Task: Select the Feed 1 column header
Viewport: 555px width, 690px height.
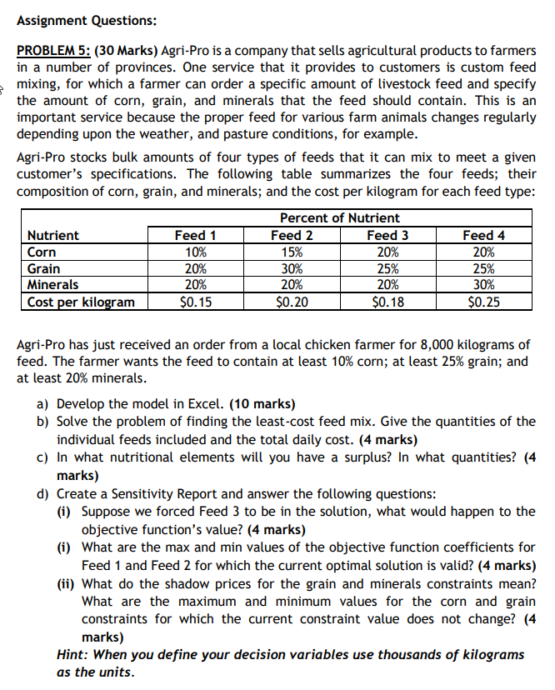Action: tap(197, 235)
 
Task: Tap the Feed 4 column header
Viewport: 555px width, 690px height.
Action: tap(484, 235)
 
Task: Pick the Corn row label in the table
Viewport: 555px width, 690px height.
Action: tap(42, 252)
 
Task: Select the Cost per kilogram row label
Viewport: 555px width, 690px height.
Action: tap(81, 302)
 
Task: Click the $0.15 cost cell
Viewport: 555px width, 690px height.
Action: tap(197, 302)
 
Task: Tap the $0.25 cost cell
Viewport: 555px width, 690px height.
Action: tap(484, 302)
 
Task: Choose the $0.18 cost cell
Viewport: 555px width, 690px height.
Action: tap(387, 302)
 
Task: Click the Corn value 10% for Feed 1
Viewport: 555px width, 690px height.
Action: tap(197, 252)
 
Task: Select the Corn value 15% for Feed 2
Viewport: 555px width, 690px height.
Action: tap(292, 252)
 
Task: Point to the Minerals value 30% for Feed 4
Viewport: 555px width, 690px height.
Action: tap(484, 285)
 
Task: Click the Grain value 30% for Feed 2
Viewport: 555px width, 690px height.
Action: tap(292, 268)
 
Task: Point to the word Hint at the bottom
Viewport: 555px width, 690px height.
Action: tap(72, 654)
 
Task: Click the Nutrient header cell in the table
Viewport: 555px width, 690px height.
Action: tap(53, 235)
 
